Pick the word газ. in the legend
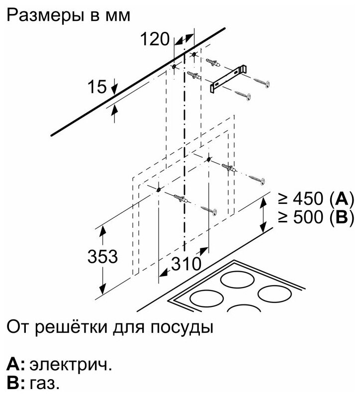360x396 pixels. pyautogui.click(x=45, y=384)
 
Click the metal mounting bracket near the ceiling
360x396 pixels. pyautogui.click(x=228, y=77)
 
